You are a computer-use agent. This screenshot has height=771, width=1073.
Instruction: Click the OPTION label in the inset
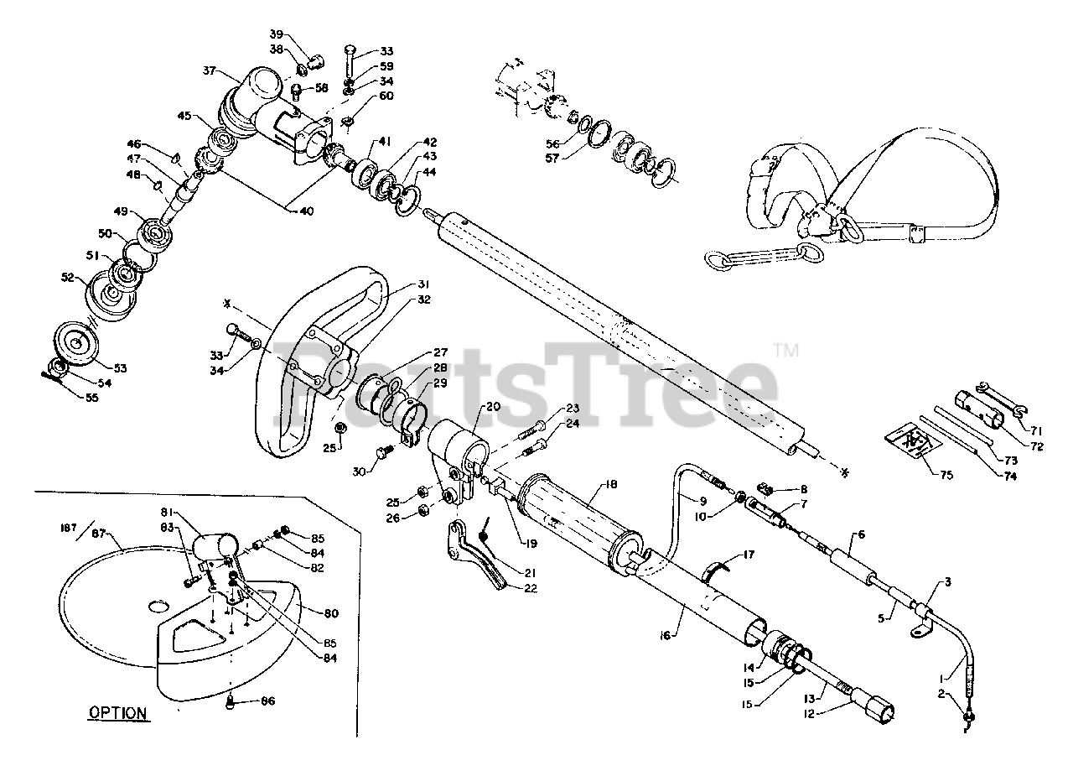[118, 713]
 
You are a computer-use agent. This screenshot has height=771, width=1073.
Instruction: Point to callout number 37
[210, 70]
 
